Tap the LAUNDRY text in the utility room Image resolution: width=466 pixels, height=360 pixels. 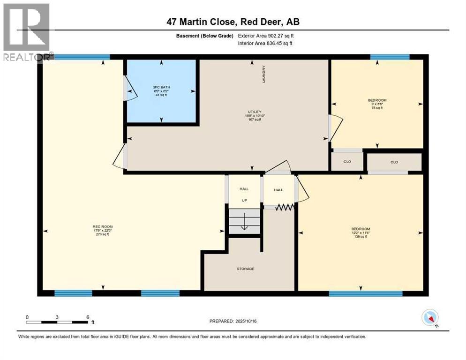coord(264,74)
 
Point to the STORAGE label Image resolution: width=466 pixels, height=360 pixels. coord(245,269)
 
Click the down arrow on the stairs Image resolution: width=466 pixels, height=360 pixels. coord(244,225)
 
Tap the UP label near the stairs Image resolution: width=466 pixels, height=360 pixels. coord(244,200)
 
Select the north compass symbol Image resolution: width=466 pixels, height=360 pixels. coord(429,318)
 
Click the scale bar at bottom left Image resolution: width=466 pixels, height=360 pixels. coord(57,322)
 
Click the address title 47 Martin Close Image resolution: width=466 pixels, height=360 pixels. coord(233,22)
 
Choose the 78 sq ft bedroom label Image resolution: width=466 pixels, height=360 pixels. coord(377,104)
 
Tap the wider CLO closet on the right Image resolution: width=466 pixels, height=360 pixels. coord(394,162)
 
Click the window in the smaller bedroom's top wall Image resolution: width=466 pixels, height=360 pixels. coord(389,57)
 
